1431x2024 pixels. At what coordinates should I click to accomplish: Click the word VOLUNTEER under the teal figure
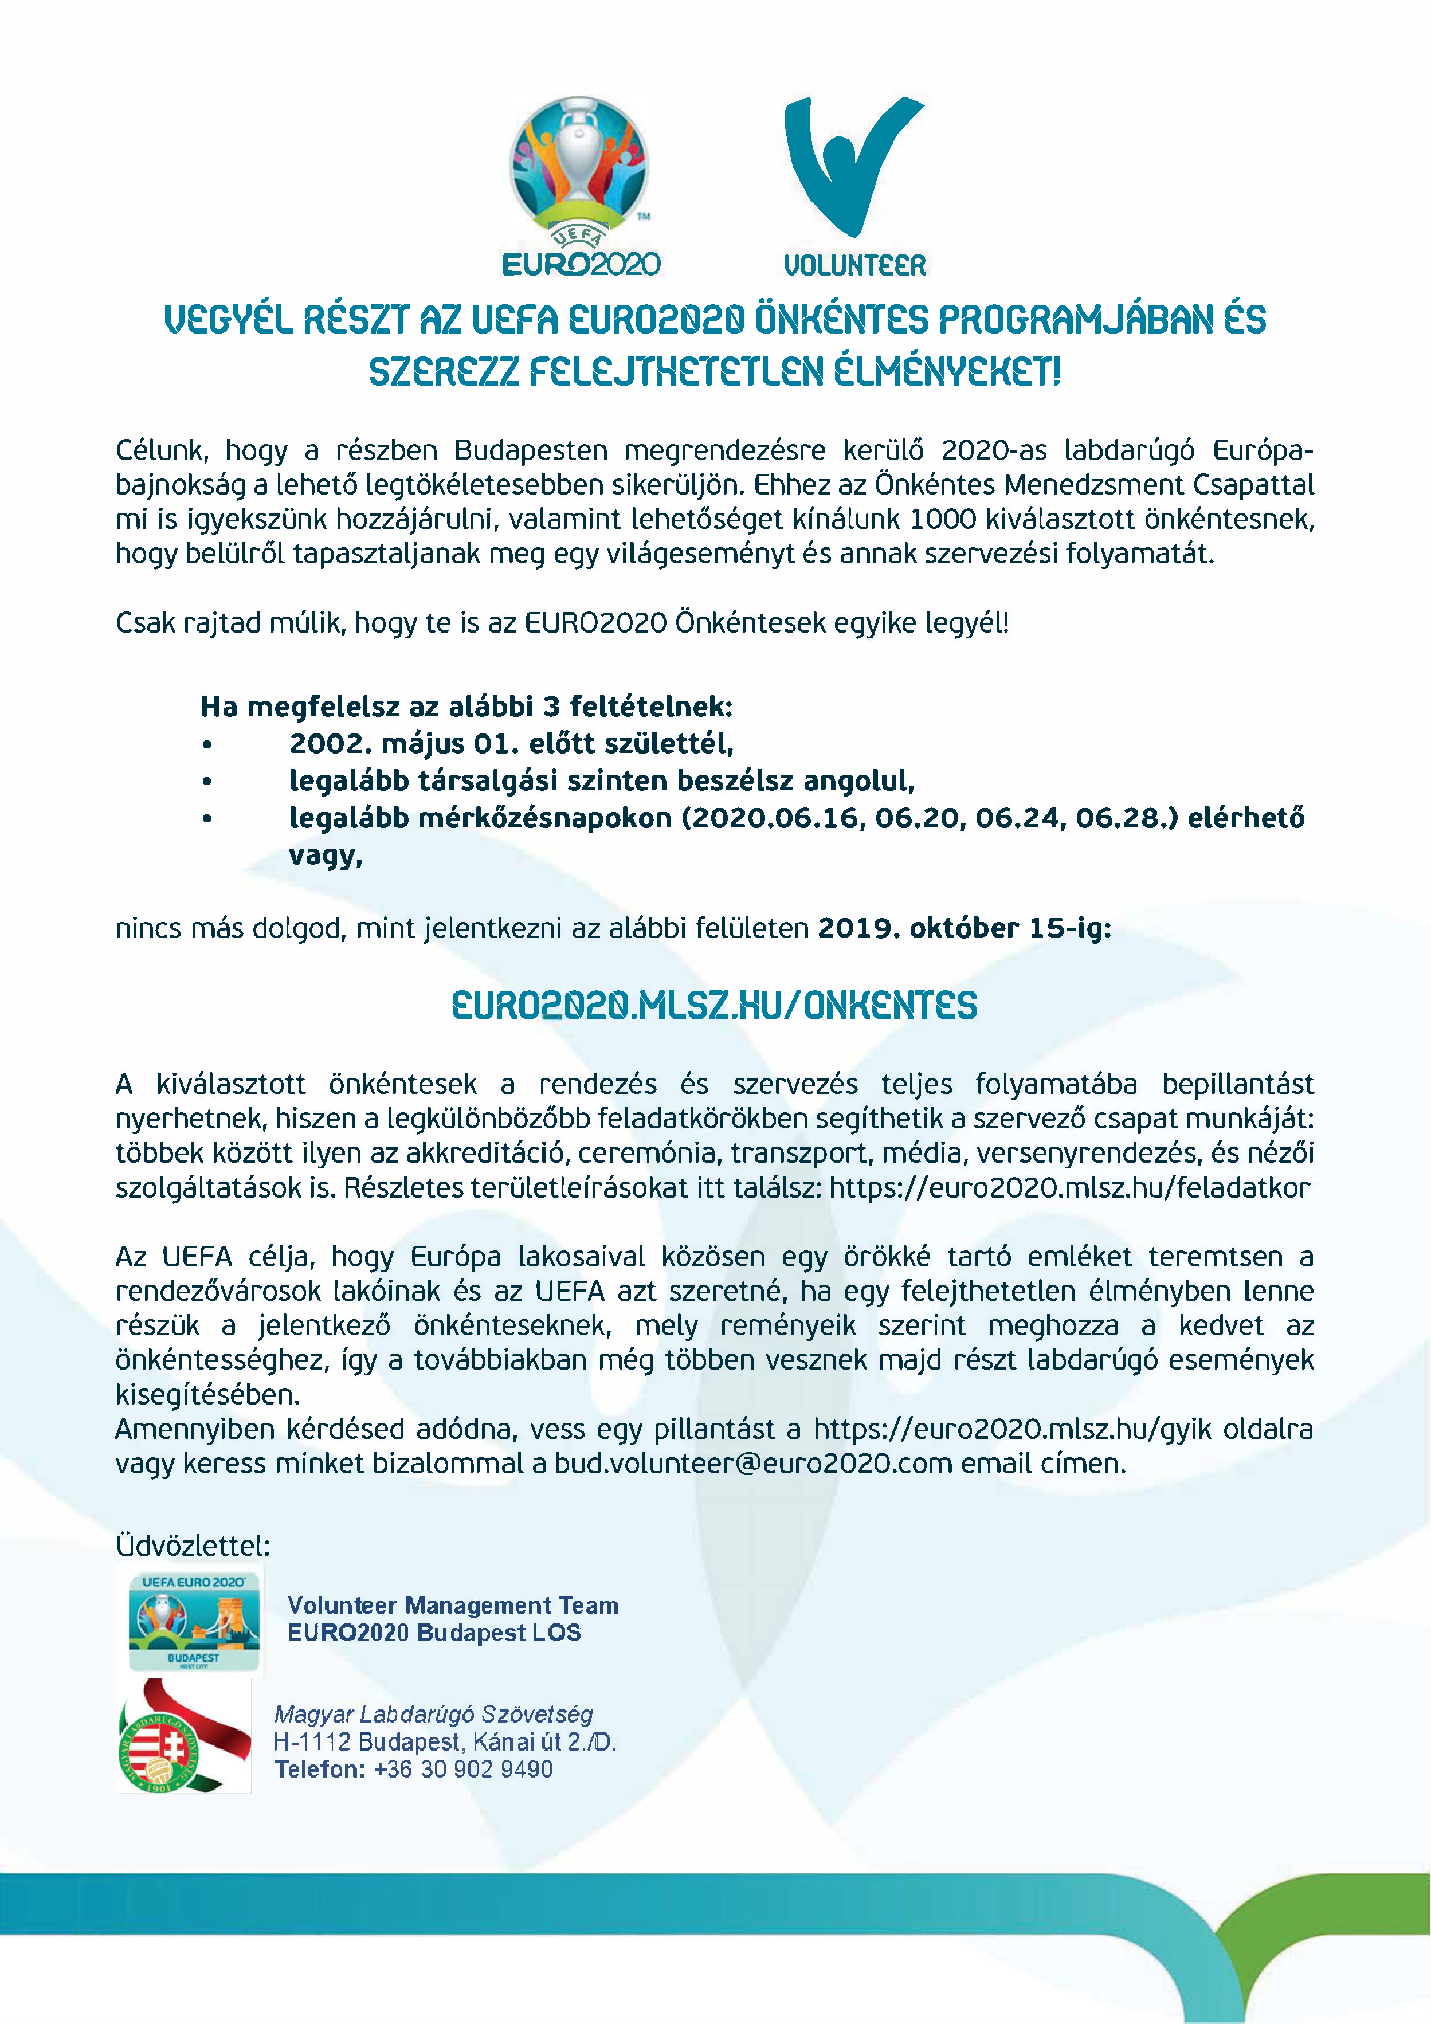[x=854, y=265]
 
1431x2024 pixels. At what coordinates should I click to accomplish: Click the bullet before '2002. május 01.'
[x=207, y=745]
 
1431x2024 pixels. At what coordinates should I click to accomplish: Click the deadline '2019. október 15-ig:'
[x=965, y=928]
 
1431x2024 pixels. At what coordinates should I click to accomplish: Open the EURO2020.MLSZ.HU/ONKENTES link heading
[x=714, y=1006]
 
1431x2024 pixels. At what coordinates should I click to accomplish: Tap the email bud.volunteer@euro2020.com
[x=753, y=1464]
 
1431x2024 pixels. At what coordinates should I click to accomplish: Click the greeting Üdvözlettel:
[x=193, y=1546]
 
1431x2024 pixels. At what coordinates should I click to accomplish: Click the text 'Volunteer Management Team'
[x=452, y=1605]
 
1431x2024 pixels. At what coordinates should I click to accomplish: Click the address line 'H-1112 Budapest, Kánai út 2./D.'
[x=444, y=1742]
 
